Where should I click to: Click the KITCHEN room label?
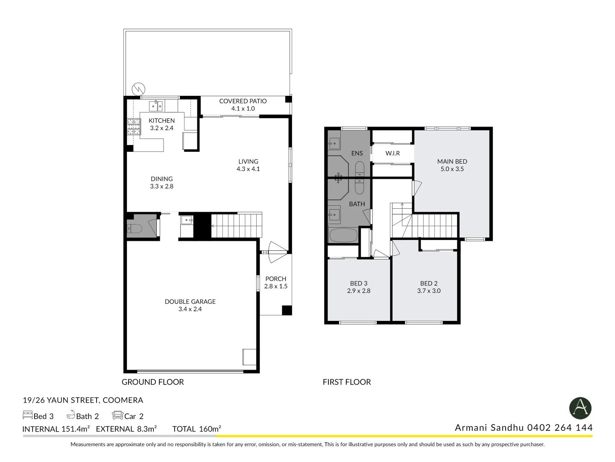coord(162,121)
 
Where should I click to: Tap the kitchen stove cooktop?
coord(134,127)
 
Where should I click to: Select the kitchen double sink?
coord(156,106)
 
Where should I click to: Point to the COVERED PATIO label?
coord(243,101)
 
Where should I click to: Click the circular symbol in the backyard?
coord(138,89)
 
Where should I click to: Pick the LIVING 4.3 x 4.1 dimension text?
coord(248,169)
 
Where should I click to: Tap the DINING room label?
coord(162,179)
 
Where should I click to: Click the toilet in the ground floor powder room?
coord(135,229)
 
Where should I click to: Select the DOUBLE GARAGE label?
coord(190,302)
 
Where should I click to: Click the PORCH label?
coord(276,279)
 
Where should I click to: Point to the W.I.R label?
coord(392,153)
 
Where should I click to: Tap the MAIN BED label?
coord(452,162)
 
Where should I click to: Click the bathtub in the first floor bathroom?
coord(343,235)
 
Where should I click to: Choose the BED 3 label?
coord(359,283)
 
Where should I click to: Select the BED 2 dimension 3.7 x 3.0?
coord(429,291)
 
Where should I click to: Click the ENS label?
coord(357,153)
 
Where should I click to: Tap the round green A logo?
coord(580,408)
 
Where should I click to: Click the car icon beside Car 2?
coord(118,415)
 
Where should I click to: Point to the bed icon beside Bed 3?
coord(27,415)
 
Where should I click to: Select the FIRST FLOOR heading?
coord(347,382)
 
